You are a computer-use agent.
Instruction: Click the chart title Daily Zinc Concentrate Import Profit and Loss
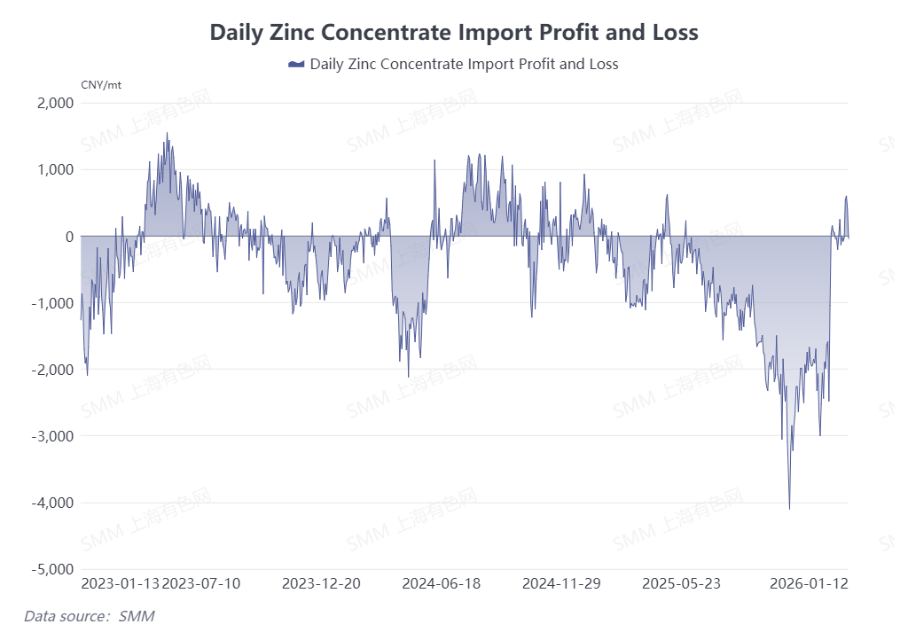(x=454, y=33)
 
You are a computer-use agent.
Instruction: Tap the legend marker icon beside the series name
(x=296, y=65)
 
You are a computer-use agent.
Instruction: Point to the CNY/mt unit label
(x=100, y=85)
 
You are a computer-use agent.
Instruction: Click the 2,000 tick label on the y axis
(x=55, y=103)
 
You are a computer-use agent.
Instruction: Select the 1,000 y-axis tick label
(x=55, y=169)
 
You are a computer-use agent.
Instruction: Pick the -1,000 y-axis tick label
(x=52, y=303)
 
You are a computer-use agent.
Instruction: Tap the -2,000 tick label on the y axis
(x=52, y=370)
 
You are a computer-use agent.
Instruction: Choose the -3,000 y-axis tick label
(x=52, y=436)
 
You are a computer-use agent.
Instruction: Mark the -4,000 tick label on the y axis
(x=52, y=503)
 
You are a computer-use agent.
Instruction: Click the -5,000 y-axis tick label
(x=52, y=569)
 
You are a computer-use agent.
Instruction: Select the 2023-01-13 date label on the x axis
(x=121, y=583)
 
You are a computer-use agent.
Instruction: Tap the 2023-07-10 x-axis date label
(x=201, y=583)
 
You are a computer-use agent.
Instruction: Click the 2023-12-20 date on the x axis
(x=321, y=583)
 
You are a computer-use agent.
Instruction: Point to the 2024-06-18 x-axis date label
(x=442, y=583)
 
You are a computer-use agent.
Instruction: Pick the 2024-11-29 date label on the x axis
(x=561, y=583)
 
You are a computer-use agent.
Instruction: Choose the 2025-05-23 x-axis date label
(x=681, y=583)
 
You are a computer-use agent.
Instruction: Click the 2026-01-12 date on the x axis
(x=809, y=583)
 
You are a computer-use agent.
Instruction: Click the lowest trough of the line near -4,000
(x=789, y=508)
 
